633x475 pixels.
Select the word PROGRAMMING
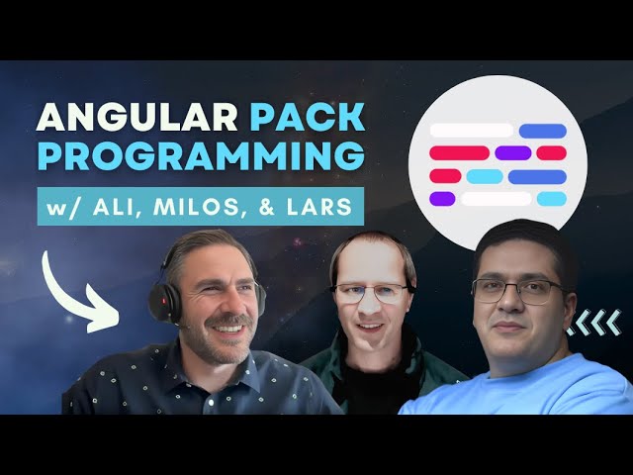[196, 159]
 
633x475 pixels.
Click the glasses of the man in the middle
[371, 292]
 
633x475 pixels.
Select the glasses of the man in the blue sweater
[516, 290]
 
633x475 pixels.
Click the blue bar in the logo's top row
[542, 131]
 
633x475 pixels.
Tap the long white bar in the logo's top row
[472, 130]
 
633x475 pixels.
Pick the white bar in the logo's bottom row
[497, 199]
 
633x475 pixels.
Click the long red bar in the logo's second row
[459, 153]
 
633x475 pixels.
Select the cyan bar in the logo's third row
[485, 176]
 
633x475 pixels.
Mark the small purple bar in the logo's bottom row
[442, 199]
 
